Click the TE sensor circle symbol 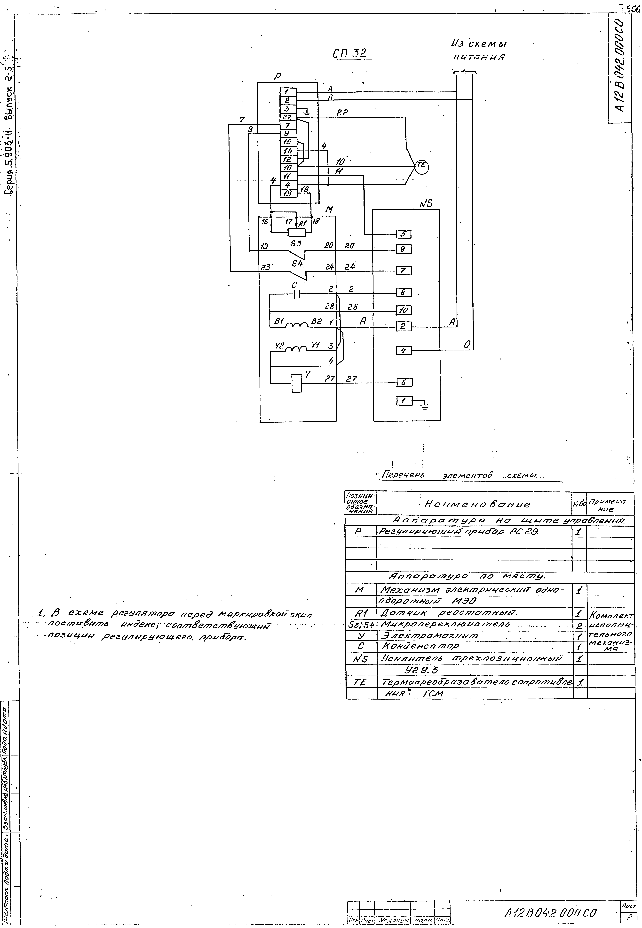click(422, 166)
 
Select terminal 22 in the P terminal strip click(287, 117)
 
